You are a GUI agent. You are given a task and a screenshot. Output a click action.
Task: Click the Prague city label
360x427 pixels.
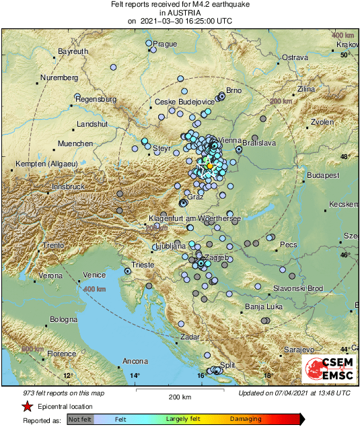pos(165,44)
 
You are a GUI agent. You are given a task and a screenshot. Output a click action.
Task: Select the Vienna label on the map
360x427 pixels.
pos(230,139)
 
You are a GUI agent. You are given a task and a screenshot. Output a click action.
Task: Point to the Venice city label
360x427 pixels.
pos(94,275)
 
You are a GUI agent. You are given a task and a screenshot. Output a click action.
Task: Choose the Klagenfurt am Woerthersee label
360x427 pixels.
pos(194,218)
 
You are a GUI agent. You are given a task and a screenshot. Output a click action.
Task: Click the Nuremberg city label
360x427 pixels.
pos(60,78)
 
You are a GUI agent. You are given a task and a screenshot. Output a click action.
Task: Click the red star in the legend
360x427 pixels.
pos(27,406)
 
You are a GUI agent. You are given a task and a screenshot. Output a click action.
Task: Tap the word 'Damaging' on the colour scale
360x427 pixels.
pos(246,419)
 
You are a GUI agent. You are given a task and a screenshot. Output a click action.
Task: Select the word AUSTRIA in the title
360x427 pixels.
pos(180,13)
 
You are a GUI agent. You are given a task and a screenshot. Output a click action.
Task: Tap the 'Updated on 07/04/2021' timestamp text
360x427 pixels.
pos(294,393)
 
